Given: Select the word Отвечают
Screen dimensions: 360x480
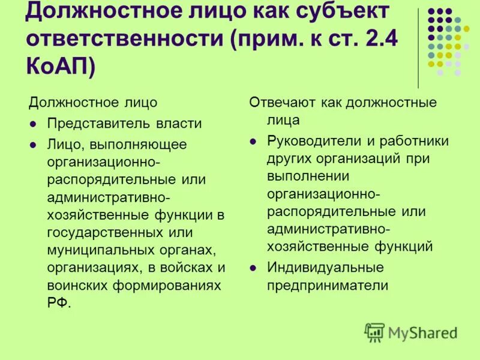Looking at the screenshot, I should pyautogui.click(x=279, y=102).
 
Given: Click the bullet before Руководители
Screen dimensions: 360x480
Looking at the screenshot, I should pyautogui.click(x=254, y=142).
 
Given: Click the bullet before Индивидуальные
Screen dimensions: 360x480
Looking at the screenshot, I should pyautogui.click(x=254, y=268).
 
